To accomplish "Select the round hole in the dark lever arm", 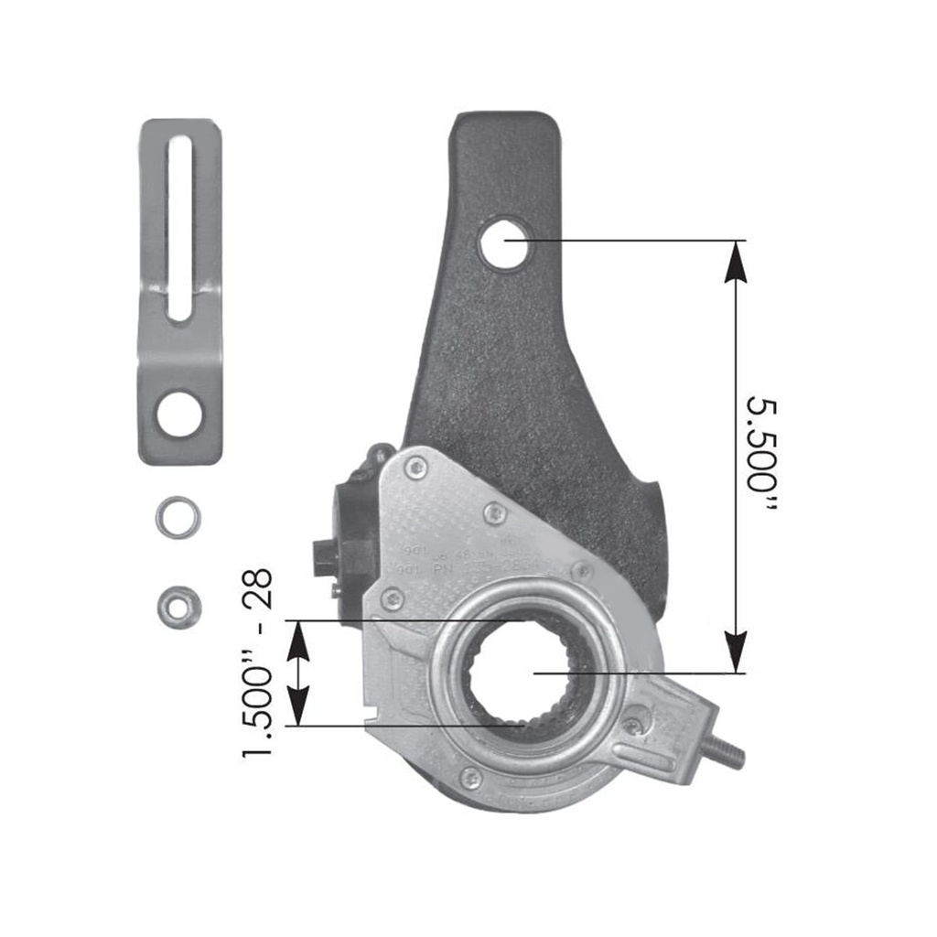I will tap(504, 242).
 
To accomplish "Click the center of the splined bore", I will tap(519, 673).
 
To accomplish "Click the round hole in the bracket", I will tap(178, 414).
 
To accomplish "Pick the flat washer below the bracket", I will tap(178, 517).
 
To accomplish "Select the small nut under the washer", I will tap(178, 606).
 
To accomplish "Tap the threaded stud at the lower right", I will tap(727, 752).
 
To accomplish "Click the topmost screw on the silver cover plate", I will tap(416, 468).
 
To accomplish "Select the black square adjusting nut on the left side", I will tap(327, 555).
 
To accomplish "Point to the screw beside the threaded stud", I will tap(632, 727).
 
